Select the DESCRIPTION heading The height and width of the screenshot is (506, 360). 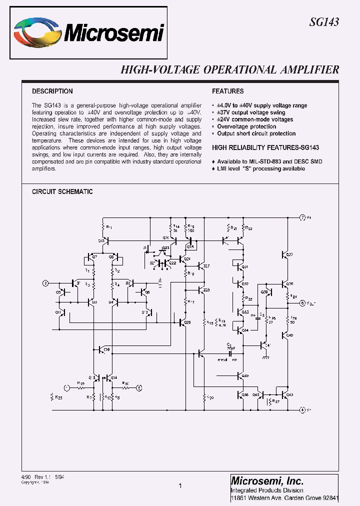click(x=52, y=91)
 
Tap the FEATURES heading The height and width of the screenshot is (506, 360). click(x=228, y=91)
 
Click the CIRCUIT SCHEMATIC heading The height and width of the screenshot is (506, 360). click(x=62, y=192)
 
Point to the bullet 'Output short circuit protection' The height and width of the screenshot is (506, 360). click(x=256, y=133)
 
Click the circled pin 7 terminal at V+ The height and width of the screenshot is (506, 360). click(x=302, y=217)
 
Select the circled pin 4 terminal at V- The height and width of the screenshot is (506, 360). click(x=302, y=410)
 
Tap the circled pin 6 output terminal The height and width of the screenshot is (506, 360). click(x=302, y=303)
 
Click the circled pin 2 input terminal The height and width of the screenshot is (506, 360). click(x=46, y=283)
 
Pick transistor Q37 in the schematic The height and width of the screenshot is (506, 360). click(x=286, y=255)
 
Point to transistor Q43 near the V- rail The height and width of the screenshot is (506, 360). click(x=286, y=395)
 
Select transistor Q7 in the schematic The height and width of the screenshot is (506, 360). click(x=90, y=257)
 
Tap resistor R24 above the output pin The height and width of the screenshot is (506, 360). click(x=288, y=296)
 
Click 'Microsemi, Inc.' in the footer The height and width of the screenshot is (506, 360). click(x=267, y=480)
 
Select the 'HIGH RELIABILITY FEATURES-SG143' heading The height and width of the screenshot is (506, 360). click(x=265, y=148)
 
